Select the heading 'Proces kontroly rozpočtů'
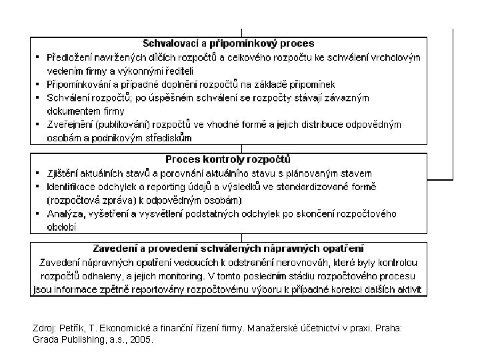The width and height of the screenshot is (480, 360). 228,160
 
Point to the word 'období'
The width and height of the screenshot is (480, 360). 61,227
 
